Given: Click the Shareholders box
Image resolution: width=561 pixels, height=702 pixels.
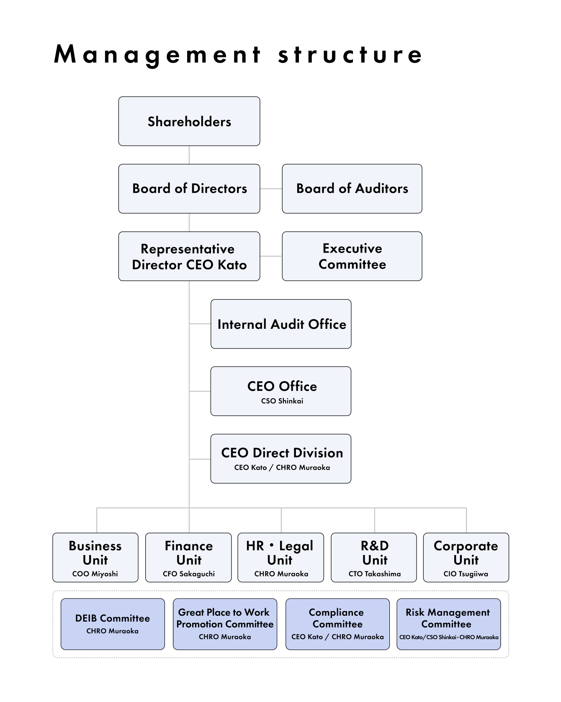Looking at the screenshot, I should [189, 121].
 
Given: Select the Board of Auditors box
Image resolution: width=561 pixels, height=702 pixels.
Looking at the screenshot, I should [352, 188].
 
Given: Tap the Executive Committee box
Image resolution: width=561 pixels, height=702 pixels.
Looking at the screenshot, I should [352, 256].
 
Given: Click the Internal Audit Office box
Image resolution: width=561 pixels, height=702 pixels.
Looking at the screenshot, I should [281, 324].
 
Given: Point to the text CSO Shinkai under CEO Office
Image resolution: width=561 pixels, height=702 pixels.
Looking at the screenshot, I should [282, 401].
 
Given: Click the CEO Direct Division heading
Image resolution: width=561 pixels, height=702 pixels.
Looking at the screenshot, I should [282, 453].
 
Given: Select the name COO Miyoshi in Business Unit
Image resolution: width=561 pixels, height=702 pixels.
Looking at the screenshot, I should [95, 574].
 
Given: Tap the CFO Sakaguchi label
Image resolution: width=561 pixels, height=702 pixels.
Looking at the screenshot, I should [188, 574].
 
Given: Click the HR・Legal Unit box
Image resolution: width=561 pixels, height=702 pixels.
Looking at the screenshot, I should [280, 557].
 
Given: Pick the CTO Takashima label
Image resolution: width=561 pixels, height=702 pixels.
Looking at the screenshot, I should [374, 574].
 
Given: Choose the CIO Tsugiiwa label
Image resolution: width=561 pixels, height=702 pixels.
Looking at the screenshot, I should [466, 574].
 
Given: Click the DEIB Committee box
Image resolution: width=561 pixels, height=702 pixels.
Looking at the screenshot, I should [113, 624].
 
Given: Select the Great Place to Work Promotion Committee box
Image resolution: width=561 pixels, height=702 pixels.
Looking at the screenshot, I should [225, 624].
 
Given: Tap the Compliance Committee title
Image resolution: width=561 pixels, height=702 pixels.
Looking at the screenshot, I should [337, 618].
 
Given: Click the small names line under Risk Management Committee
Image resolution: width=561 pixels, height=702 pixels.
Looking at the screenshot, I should [448, 637].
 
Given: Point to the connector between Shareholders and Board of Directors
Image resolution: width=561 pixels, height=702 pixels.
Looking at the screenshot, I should [189, 155].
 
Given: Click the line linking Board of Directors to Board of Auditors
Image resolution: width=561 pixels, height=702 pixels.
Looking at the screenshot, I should [271, 188].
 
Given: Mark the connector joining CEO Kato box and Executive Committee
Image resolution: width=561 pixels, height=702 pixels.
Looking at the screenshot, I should [271, 256].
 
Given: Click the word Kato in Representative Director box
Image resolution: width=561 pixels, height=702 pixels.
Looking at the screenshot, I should [232, 265].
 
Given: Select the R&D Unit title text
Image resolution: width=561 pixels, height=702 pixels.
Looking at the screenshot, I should [374, 553].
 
